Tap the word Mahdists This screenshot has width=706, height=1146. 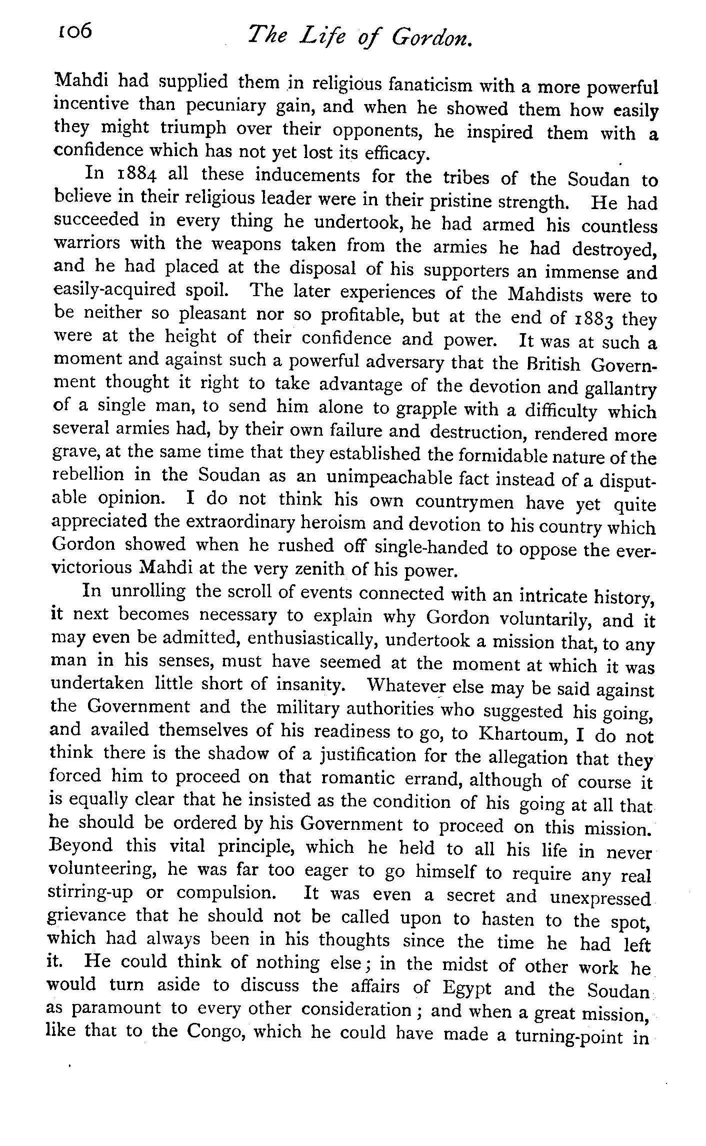click(x=545, y=295)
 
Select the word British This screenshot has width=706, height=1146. click(x=548, y=364)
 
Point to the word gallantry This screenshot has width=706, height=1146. click(x=617, y=389)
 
